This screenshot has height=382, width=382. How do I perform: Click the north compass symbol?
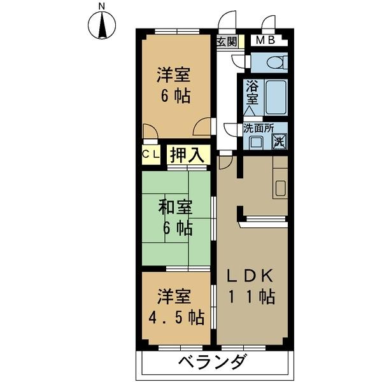[102, 26]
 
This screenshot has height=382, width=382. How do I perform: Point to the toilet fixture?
[274, 63]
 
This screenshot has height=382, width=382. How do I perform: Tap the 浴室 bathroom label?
[251, 93]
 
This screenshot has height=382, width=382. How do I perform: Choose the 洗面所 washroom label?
[258, 127]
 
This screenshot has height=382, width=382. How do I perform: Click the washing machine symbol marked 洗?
[279, 141]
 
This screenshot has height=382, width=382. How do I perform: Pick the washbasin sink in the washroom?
[256, 141]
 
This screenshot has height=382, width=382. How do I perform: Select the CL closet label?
[150, 154]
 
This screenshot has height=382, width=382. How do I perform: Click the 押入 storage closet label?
[188, 154]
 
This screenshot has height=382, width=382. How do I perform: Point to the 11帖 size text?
[252, 296]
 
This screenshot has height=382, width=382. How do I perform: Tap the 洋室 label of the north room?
[174, 75]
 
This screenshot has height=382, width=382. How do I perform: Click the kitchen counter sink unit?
[279, 184]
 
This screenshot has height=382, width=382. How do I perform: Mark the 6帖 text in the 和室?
[176, 227]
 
